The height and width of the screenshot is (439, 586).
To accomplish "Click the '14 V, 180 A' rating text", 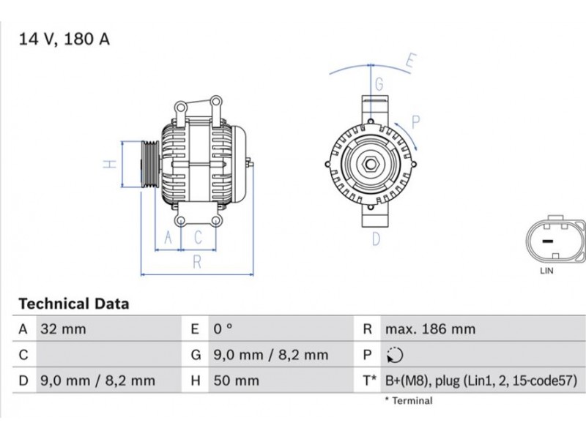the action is pos(64,40).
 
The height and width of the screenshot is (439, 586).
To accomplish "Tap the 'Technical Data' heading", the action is pos(74,304).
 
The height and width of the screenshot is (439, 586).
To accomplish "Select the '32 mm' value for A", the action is pos(63,329).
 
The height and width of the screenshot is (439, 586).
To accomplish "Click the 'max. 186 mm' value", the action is pos(431,329).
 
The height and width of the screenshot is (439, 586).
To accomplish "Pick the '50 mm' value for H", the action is pos(236,380).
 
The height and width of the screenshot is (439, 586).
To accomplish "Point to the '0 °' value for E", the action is pos(223,329).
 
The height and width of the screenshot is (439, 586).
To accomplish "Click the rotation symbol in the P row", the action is pos(395,355).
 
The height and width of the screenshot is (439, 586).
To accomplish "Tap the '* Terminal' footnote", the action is pos(409,401).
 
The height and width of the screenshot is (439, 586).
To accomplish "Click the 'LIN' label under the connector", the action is pos(546,271).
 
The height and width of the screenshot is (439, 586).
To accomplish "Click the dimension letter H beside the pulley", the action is pos(110,164).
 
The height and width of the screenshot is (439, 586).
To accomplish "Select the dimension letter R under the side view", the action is pos(197,262).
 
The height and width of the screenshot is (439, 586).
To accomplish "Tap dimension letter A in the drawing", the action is pos(168,237).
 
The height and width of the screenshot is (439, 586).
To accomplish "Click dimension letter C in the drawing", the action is pos(198,237).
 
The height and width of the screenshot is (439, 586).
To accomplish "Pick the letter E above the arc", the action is pos(411,61).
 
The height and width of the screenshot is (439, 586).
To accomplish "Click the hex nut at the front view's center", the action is pos(371,164).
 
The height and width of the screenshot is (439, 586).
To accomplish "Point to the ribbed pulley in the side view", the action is pos(149,164).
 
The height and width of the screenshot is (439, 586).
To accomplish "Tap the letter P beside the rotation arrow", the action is pos(415,122).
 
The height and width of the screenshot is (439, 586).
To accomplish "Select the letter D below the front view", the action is pos(376,239).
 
